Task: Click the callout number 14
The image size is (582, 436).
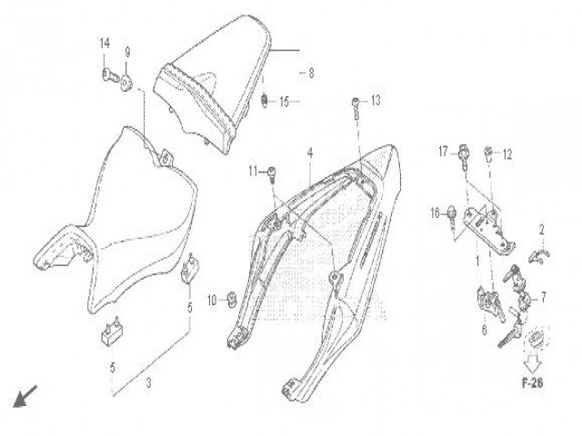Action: click(105, 44)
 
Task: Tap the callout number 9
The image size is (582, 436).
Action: click(127, 53)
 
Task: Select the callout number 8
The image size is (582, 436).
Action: click(311, 73)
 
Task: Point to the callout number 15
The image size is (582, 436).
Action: click(285, 102)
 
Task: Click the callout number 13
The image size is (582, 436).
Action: click(376, 100)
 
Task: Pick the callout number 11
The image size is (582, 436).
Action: click(253, 172)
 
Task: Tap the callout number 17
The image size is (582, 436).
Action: click(443, 152)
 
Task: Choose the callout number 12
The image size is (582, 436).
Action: click(507, 154)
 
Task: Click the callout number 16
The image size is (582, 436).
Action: click(435, 213)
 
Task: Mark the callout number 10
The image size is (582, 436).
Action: click(212, 301)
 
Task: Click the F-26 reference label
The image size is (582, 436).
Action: click(533, 383)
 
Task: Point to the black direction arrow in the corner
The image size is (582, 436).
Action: click(25, 396)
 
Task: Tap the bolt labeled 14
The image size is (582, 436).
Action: click(110, 76)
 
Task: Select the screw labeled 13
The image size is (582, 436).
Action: click(356, 109)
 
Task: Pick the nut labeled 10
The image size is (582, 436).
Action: click(233, 298)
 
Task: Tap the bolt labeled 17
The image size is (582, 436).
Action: click(463, 156)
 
